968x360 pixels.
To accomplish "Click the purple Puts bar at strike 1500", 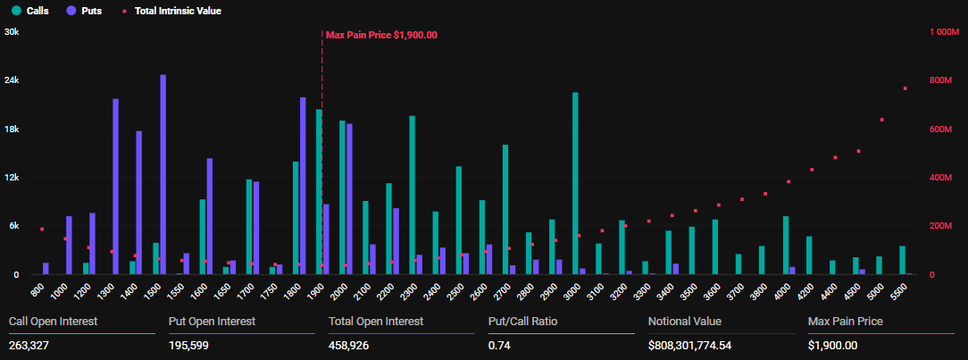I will coord(163,174).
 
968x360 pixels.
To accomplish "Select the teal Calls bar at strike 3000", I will coord(575,183).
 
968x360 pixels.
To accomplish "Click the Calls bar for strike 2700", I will coord(505,209).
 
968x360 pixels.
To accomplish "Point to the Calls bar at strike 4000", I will coord(786,245).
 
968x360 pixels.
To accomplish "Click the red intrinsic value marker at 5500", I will coord(905,88).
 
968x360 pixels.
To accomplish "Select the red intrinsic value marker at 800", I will coord(41,230).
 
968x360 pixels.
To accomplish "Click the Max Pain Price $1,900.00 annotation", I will coord(381,35).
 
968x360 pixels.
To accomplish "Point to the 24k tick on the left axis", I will coord(13,80).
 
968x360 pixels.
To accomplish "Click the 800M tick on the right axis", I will coord(944,80).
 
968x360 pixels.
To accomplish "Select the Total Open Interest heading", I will coord(376,321).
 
